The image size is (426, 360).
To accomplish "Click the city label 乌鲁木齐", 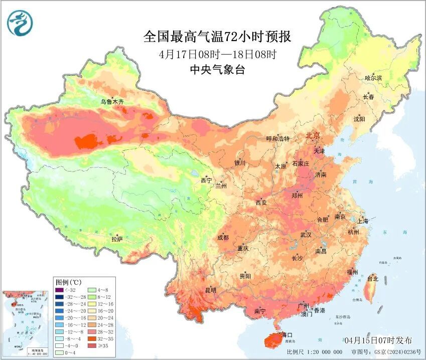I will coord(112,102).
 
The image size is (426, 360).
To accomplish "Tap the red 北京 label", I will coord(313,136).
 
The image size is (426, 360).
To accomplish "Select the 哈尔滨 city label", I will coord(373,78).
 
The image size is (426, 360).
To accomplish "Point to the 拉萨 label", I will coord(117,240).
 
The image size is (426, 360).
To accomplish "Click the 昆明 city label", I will coord(211,290).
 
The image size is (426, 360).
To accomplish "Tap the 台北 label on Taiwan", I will coord(373,278).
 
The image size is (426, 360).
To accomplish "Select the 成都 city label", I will coord(223,237).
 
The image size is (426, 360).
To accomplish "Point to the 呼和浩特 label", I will coord(277,139).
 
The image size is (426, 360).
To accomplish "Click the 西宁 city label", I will coord(206,180).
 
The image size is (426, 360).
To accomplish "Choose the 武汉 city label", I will coord(306,235).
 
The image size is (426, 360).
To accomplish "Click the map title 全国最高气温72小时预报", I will coord(217,37).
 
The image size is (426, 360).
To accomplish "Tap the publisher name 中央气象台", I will coord(217,70).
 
